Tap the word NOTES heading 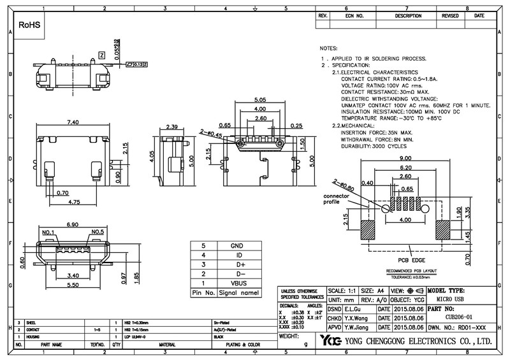328,48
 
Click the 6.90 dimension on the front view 72,226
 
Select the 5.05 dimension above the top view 259,101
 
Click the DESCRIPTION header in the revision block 409,15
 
